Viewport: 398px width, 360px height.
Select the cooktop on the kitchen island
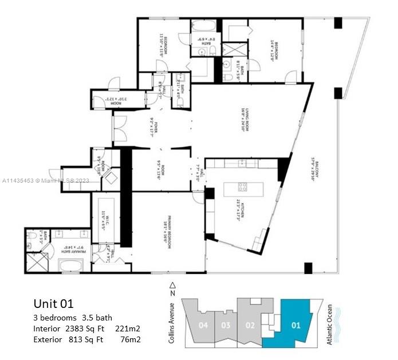(x=242, y=187)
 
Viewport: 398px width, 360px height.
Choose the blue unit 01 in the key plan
(x=295, y=325)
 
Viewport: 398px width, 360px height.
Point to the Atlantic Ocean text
(x=329, y=325)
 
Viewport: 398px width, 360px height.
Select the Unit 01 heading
(x=53, y=304)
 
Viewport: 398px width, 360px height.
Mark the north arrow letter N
(x=171, y=293)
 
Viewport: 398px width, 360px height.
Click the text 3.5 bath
(x=95, y=318)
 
